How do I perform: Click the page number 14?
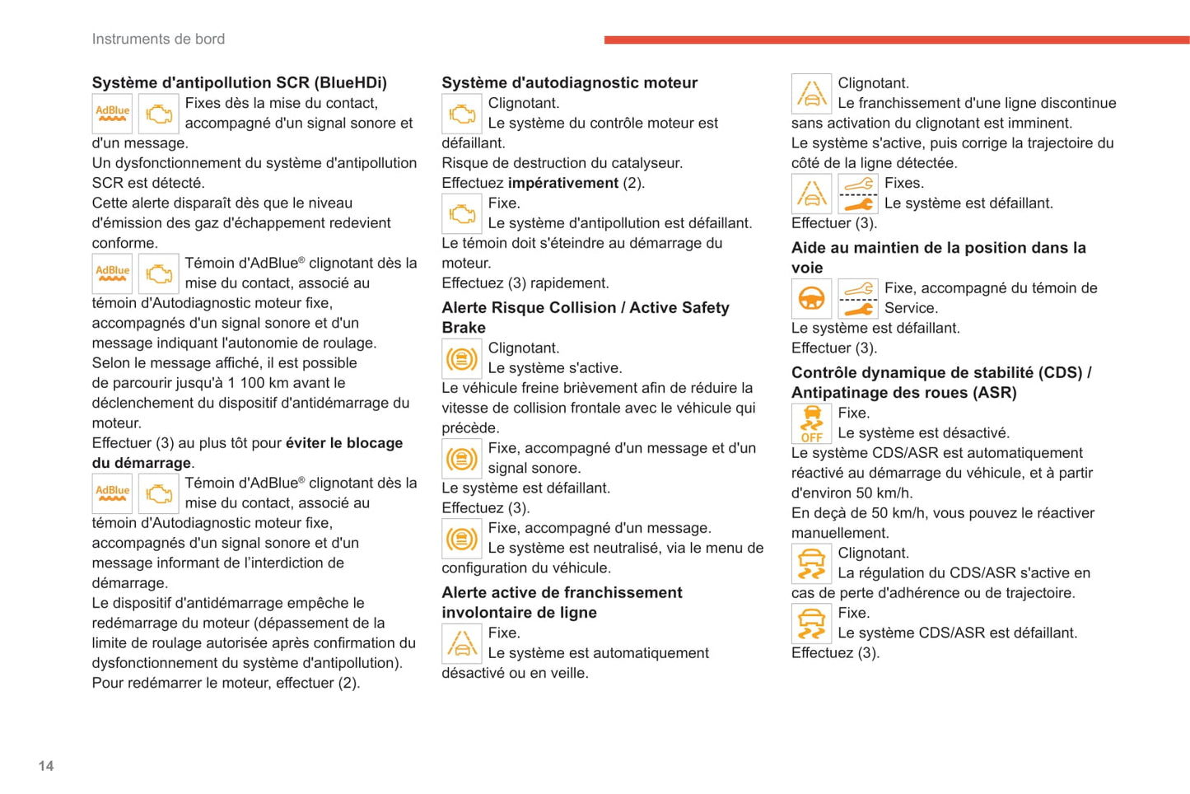46,766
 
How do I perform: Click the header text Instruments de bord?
158,39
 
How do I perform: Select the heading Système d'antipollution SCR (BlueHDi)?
239,82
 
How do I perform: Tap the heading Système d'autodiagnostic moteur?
569,82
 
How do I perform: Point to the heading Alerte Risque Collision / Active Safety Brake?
585,317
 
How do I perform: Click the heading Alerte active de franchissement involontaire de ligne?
562,602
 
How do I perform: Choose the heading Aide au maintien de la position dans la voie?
938,257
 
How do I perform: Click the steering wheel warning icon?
811,298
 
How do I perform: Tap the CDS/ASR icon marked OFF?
811,423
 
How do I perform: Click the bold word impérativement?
563,183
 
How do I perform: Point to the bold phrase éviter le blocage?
344,443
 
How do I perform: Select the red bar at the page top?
896,40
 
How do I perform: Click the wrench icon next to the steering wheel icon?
858,298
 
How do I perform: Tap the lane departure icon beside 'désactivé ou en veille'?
462,643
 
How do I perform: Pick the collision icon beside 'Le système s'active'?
462,358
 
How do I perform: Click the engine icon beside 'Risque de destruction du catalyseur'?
462,114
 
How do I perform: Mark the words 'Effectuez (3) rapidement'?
525,283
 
